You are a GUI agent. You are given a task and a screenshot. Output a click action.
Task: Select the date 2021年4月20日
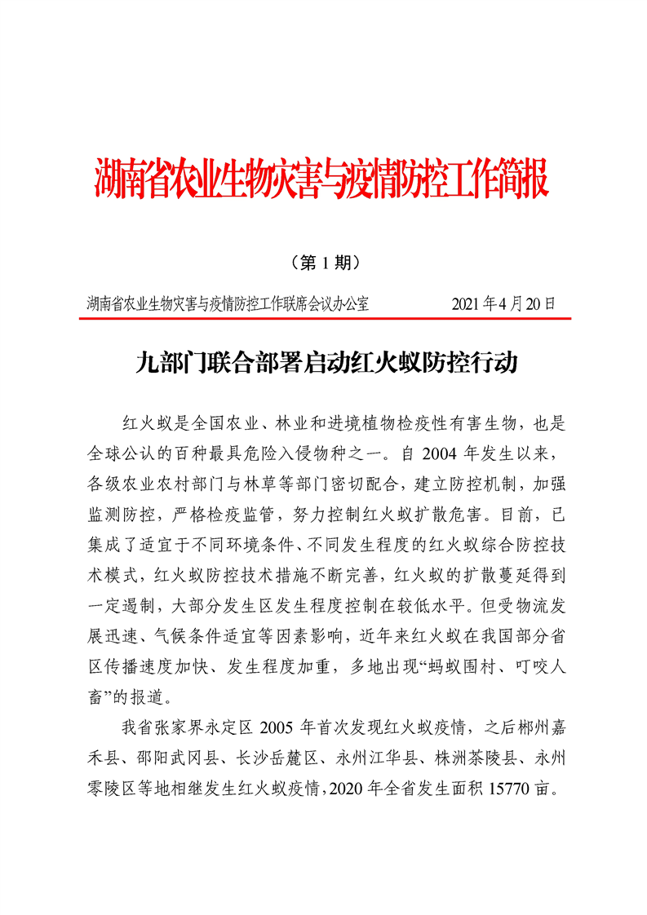coord(503,305)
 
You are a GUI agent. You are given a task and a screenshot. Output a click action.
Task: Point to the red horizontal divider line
coord(324,319)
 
